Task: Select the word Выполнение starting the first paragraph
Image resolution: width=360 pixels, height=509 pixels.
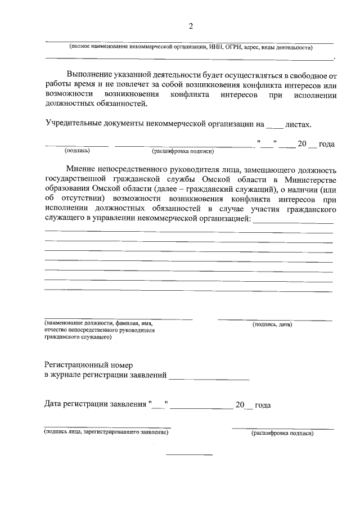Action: (93, 74)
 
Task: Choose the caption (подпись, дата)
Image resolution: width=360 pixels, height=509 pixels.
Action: (273, 325)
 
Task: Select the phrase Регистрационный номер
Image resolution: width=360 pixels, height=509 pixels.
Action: (89, 365)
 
